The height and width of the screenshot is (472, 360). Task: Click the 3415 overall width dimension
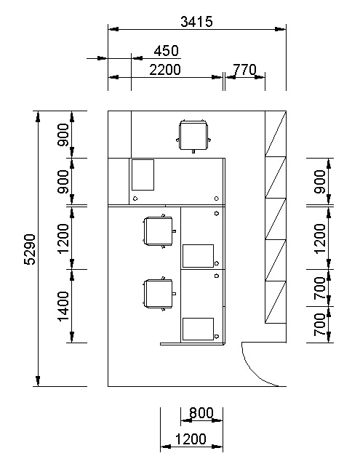(x=196, y=22)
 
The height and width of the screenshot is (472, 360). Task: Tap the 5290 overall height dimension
(x=30, y=249)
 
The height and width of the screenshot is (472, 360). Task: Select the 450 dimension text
(x=166, y=51)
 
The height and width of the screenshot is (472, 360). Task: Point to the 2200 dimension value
(x=165, y=70)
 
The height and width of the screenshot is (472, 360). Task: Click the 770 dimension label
(x=244, y=70)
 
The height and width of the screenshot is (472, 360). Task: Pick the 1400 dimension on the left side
(x=63, y=306)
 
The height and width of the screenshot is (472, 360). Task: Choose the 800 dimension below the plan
(x=201, y=413)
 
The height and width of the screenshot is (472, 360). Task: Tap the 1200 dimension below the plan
(x=191, y=439)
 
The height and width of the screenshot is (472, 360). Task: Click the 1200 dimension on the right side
(x=320, y=239)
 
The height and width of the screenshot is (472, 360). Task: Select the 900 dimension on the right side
(x=320, y=182)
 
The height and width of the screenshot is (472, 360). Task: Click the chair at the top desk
(x=193, y=136)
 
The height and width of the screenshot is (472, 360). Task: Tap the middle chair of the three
(x=159, y=231)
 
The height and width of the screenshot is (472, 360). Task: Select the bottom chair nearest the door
(x=159, y=294)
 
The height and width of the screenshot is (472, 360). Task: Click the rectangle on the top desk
(x=143, y=175)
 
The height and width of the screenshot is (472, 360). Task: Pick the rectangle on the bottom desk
(x=198, y=329)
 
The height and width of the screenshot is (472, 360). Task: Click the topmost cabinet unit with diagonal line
(x=276, y=133)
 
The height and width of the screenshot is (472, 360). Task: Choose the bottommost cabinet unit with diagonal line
(x=276, y=303)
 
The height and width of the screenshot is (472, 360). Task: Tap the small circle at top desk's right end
(x=217, y=199)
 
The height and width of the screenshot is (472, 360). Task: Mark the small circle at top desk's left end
(x=135, y=199)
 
